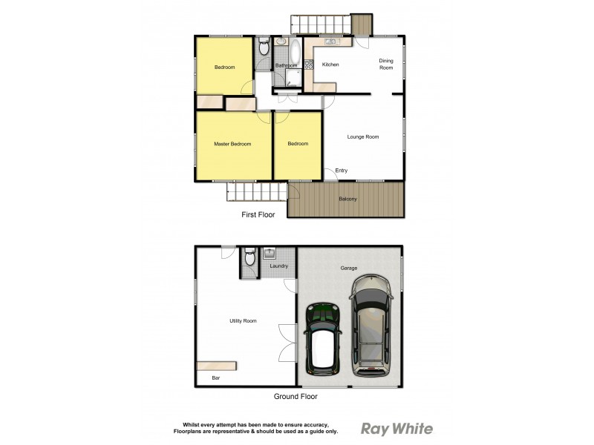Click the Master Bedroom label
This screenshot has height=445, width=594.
[232, 144]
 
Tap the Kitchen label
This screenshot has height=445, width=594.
[330, 65]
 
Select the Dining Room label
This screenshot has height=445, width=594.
[386, 64]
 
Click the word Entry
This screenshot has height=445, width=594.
[342, 171]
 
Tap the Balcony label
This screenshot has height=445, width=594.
[347, 199]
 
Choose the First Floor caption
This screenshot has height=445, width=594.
[258, 215]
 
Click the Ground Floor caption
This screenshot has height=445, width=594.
[296, 397]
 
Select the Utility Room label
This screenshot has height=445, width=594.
[243, 320]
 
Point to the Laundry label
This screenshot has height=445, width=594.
[279, 266]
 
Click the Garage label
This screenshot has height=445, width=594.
[349, 268]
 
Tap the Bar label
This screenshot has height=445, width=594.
[216, 378]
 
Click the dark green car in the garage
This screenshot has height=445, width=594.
[323, 336]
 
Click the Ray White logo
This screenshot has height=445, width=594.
[396, 428]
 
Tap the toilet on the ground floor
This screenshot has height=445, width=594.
[250, 257]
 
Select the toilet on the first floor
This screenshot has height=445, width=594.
[263, 48]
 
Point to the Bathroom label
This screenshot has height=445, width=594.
[286, 66]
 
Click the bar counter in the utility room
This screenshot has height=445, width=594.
[217, 366]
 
